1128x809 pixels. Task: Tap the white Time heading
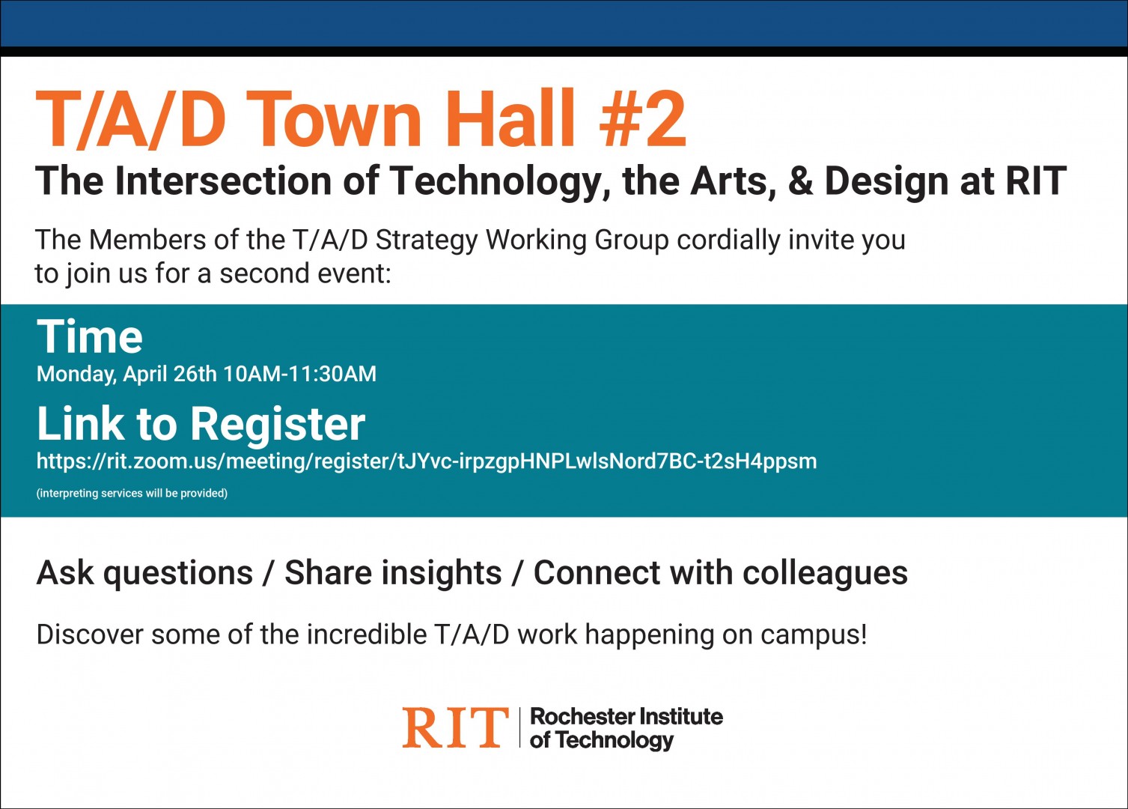click(x=90, y=336)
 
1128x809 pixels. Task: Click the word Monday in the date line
click(x=76, y=374)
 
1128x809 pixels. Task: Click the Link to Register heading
click(x=201, y=423)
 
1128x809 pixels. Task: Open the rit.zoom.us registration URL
click(x=427, y=461)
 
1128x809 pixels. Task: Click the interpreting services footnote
click(x=132, y=493)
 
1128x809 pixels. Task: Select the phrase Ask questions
click(x=144, y=573)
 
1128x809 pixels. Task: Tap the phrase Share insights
click(x=393, y=573)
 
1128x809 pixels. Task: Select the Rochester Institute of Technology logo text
click(x=626, y=728)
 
